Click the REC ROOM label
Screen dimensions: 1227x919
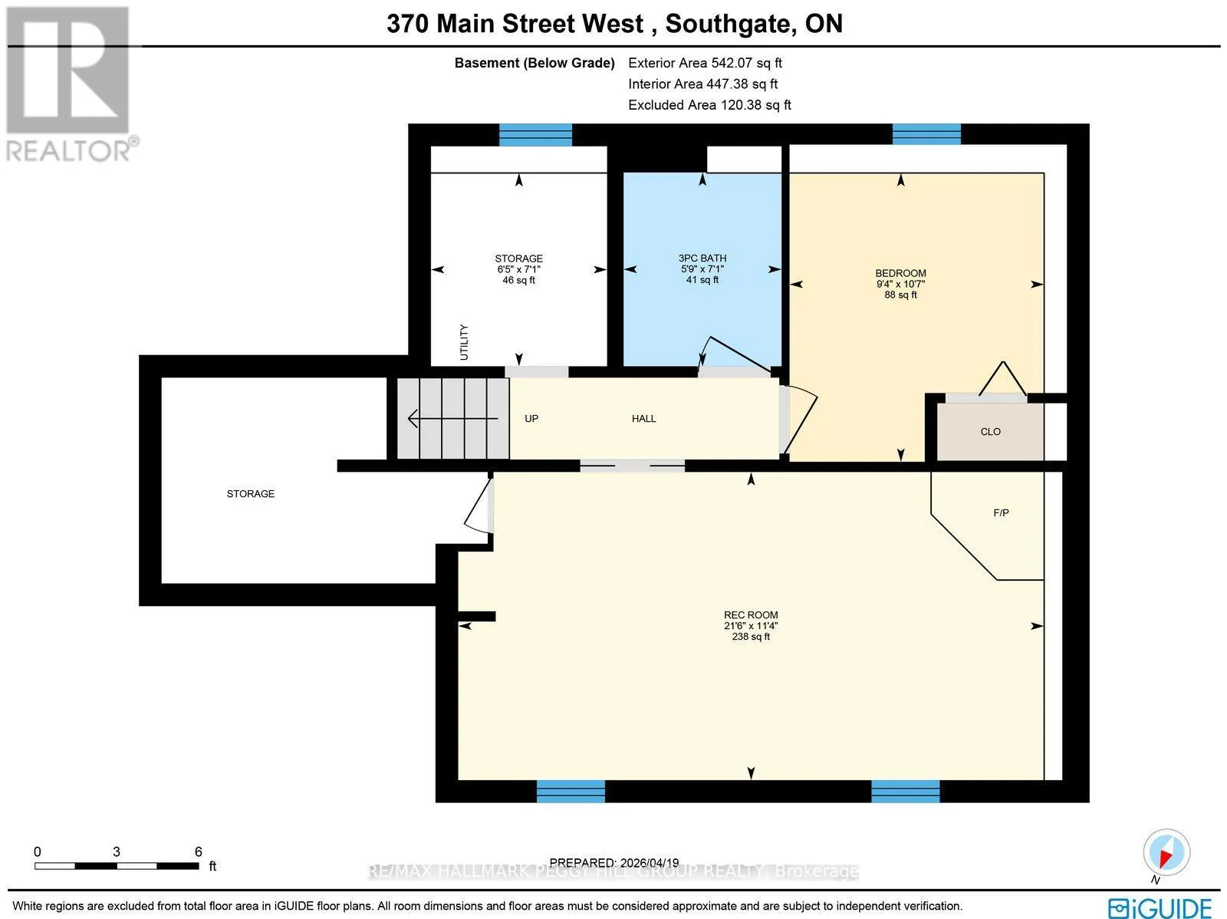point(751,615)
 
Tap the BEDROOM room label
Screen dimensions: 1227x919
point(900,273)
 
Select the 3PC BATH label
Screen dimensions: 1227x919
point(702,259)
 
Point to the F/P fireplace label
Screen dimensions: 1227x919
point(1002,512)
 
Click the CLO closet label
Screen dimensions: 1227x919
point(991,432)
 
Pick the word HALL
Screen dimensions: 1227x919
point(644,419)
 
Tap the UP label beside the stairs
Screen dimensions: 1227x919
point(531,419)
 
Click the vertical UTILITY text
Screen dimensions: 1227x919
point(464,342)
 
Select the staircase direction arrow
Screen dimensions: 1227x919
point(452,418)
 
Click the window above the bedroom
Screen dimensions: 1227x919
point(927,134)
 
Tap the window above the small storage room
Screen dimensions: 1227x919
point(535,135)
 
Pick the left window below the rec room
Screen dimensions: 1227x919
point(571,791)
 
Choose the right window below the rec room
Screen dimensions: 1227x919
point(906,791)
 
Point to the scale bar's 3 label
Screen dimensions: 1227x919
point(117,851)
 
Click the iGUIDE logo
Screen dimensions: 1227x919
point(1160,907)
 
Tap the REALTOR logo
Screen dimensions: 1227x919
point(71,84)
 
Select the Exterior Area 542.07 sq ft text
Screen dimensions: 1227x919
point(705,63)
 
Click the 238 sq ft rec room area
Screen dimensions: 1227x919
point(751,637)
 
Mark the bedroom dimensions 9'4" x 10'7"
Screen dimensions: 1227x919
point(900,284)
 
